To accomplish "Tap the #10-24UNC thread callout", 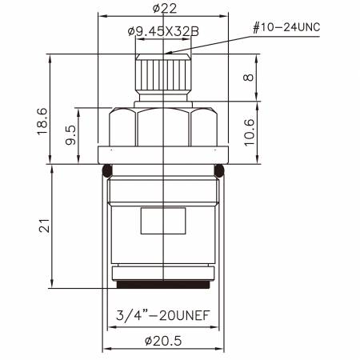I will [x=286, y=26].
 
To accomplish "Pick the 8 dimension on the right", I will [x=249, y=78].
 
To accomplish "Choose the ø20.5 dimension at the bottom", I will [x=163, y=339].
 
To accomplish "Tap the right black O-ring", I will [x=220, y=169].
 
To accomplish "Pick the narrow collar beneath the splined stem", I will [x=163, y=102].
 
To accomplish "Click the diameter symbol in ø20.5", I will [x=149, y=339].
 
